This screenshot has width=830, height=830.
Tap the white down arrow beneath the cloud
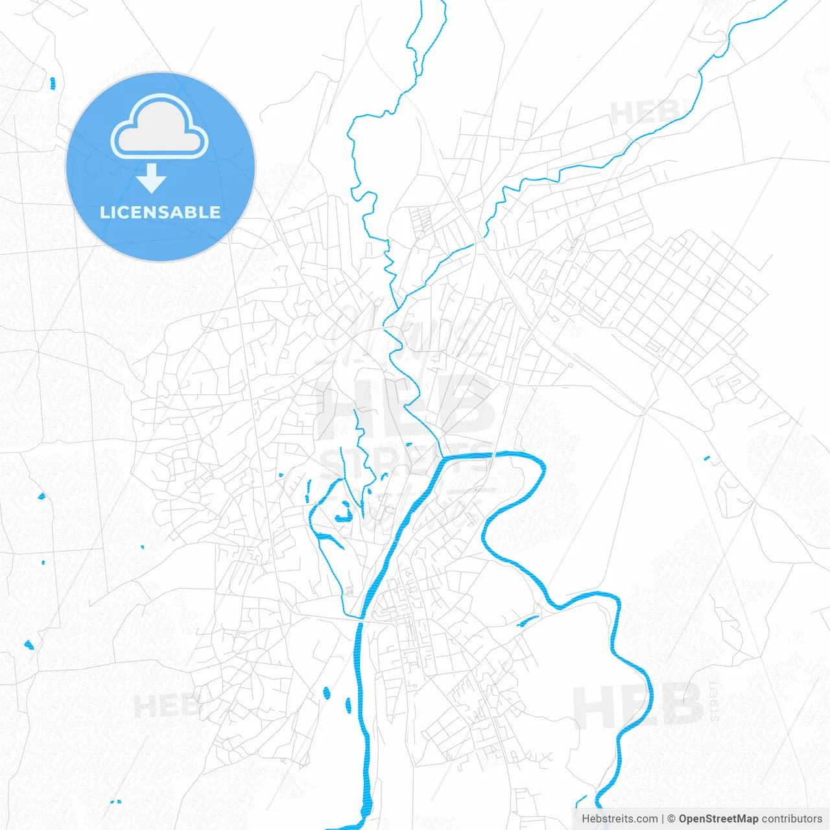coord(152,178)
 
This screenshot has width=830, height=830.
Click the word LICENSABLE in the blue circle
coord(160,212)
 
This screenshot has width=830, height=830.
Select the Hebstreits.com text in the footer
coord(619,819)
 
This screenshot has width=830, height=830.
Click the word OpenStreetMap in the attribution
coord(718,819)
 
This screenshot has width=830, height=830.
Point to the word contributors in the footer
coord(791,819)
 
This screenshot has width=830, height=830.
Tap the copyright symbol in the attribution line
coord(672,819)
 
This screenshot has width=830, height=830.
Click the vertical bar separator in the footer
coord(663,819)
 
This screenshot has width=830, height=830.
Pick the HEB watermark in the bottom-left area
coord(165,705)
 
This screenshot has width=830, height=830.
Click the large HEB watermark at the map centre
coord(405,405)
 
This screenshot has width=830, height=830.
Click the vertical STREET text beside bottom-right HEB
coord(714,701)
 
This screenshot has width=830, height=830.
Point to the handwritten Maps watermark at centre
coord(405,331)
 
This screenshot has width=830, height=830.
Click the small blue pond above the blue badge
coord(53,82)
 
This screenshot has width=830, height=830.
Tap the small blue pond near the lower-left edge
coord(29,645)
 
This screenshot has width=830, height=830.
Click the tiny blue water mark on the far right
coord(707,458)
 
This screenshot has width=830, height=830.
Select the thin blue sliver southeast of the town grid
coord(528,621)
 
